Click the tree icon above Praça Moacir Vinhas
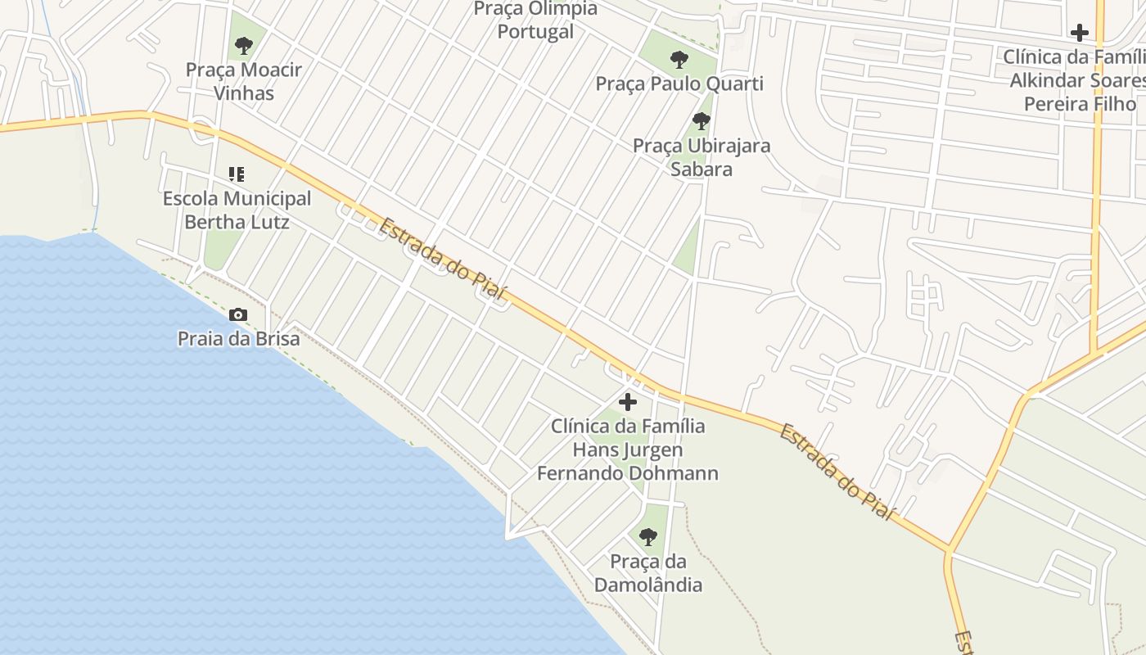click(243, 46)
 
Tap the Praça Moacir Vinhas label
click(243, 81)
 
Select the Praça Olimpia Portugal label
click(536, 20)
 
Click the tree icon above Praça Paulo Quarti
click(679, 59)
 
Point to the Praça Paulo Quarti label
click(679, 84)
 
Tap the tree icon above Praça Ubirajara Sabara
click(701, 121)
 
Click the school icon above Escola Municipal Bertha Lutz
click(237, 174)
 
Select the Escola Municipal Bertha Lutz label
click(237, 210)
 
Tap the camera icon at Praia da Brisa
click(238, 314)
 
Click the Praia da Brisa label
click(238, 338)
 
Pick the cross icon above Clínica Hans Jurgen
click(628, 402)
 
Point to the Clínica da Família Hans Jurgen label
click(628, 449)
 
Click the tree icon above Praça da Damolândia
click(647, 537)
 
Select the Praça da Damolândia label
click(647, 573)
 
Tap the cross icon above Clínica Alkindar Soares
click(1080, 33)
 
